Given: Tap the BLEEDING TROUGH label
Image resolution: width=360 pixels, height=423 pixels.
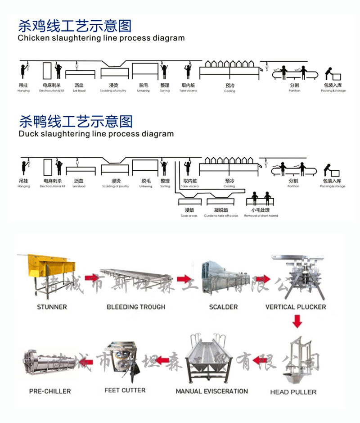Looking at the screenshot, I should tap(136, 307).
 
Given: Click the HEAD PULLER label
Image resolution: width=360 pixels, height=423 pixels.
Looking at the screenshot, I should tap(293, 392).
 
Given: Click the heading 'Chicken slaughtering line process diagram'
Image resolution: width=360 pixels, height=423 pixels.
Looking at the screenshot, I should tap(101, 38).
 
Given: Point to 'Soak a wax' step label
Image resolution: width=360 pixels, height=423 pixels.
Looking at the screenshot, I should tap(189, 216).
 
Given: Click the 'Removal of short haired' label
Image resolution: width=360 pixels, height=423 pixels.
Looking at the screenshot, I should tap(261, 216).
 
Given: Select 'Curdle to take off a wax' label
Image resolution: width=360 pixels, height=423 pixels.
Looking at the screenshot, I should tap(221, 216).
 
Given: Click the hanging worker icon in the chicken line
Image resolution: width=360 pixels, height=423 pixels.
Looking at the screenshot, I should tap(23, 71).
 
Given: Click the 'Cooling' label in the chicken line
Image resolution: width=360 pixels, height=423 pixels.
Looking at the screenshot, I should tap(229, 91).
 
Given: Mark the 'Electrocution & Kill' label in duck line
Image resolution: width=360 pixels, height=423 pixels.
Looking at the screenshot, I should tap(53, 186).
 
